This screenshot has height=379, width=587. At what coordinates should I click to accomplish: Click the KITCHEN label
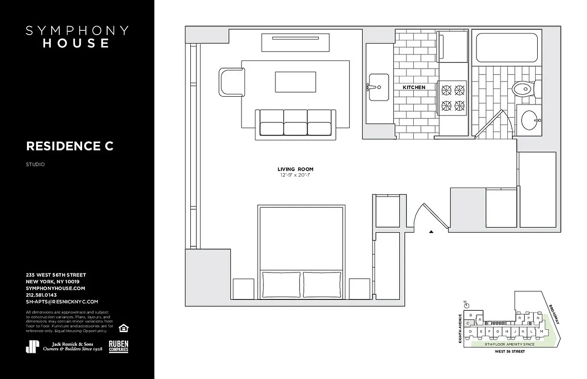414,88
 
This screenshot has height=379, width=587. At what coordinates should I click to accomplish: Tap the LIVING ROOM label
295,169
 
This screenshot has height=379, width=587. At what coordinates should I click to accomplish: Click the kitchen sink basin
378,87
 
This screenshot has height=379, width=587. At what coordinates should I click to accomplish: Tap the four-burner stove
453,97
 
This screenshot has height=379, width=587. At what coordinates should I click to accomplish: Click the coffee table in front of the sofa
295,82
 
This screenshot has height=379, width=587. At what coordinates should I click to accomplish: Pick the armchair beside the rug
232,81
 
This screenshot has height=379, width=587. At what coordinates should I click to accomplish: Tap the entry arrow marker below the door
431,232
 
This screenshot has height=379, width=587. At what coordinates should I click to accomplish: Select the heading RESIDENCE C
70,146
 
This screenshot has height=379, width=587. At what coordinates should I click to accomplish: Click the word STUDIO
36,165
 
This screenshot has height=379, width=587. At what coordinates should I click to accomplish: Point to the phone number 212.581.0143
41,295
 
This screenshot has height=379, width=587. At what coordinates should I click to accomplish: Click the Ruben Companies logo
119,346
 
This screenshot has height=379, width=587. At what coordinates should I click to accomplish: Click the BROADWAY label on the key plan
554,314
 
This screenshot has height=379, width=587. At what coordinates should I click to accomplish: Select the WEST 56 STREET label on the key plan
510,352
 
